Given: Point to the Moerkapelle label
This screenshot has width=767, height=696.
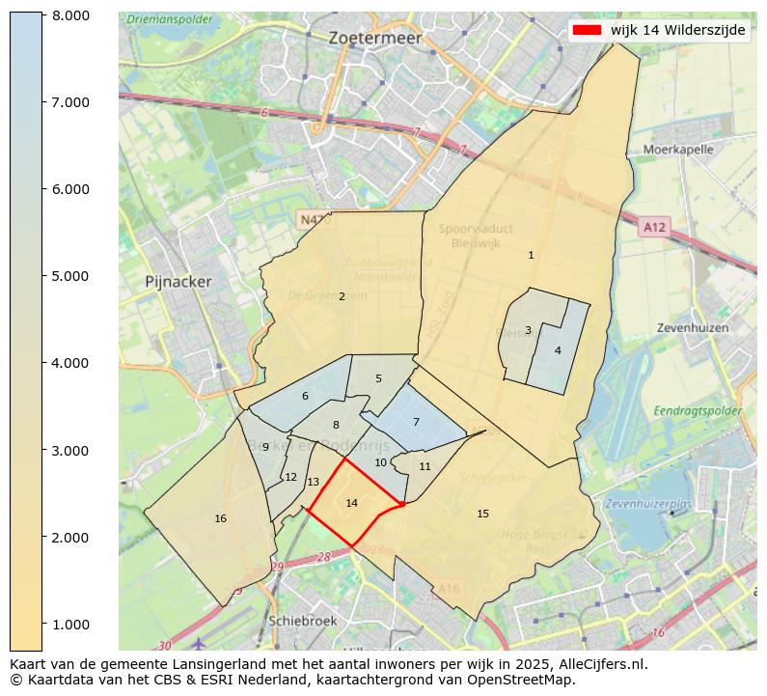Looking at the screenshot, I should point(677,150).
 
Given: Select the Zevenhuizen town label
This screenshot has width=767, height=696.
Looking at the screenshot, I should point(692,327).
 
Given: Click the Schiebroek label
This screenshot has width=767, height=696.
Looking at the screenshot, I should point(304,621).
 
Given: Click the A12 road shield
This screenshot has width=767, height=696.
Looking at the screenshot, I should point(653,227).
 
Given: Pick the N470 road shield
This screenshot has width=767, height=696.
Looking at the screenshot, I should point(315,220).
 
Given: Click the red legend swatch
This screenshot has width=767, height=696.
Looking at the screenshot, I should point(586,30).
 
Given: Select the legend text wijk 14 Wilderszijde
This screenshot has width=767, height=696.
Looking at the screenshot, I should point(677,30).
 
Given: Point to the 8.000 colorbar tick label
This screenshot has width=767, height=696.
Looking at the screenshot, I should point(70,15).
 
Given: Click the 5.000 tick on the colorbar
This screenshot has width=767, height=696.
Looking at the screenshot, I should point(70,276).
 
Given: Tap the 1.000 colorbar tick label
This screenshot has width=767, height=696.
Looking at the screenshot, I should point(70,624).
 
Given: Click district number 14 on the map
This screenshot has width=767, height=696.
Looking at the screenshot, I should point(351,503).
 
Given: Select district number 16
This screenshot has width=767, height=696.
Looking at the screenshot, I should point(220,518).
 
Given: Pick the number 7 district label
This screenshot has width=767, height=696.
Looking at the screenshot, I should point(416,422).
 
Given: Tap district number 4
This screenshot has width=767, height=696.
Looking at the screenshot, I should point(558,350).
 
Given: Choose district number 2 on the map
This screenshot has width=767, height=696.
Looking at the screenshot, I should point(342,296).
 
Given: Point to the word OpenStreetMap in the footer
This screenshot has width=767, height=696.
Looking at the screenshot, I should point(526,680).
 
